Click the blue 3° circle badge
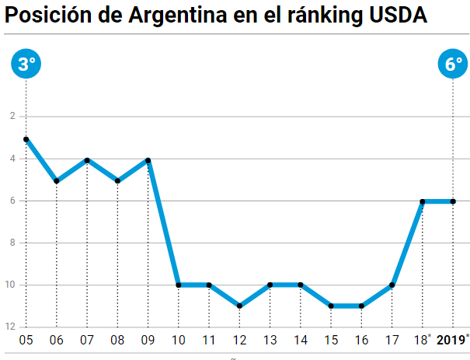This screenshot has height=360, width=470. click(26, 65)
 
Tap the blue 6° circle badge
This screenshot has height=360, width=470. click(454, 65)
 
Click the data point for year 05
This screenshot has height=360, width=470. click(26, 139)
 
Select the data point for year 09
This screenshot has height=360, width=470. click(148, 160)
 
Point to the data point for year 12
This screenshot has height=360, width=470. click(239, 306)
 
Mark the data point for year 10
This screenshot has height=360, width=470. click(179, 285)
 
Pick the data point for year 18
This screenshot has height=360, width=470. click(423, 201)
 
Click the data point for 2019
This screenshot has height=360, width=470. click(454, 201)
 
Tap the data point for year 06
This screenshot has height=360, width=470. click(57, 181)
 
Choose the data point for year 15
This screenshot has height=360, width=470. click(331, 306)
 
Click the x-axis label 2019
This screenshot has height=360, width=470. click(450, 340)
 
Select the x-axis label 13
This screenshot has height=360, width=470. click(270, 341)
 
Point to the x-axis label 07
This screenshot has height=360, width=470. click(87, 341)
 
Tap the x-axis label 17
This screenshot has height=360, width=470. click(392, 341)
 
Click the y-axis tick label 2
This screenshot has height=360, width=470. click(12, 117)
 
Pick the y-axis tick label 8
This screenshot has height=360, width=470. click(12, 243)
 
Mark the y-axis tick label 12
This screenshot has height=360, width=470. click(11, 327)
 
